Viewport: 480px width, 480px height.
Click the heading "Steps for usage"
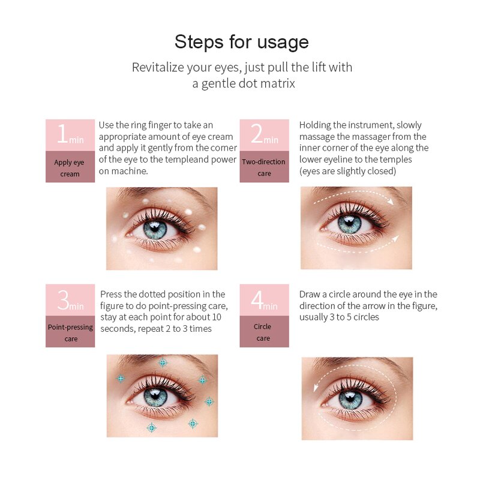[242, 42]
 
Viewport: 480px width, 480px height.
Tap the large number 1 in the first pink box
[62, 133]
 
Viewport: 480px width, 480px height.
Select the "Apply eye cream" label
[70, 168]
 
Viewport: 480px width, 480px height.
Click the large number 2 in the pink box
[257, 133]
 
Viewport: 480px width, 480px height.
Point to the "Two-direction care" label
[264, 167]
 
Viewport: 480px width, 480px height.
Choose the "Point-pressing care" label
[70, 333]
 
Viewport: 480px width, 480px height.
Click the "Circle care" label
[263, 332]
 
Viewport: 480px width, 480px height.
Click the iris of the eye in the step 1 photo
[155, 230]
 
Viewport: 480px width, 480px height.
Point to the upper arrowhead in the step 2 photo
[391, 201]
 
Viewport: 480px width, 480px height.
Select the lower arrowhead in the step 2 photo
[395, 238]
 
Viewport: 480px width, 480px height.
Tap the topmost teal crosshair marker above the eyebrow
[163, 363]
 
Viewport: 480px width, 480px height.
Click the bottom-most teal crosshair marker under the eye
[152, 427]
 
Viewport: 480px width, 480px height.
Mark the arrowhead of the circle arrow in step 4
[316, 388]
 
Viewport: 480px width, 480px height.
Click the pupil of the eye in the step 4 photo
[350, 397]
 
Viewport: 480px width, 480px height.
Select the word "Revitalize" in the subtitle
[158, 67]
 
